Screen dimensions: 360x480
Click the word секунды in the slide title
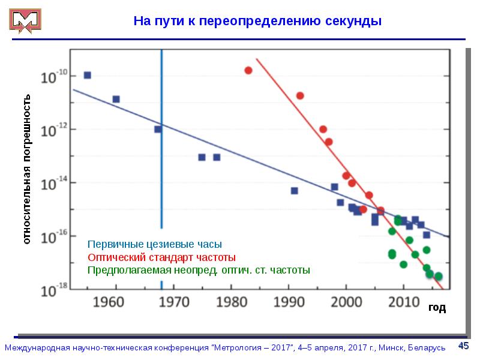click(354, 22)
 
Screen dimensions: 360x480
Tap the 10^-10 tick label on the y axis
click(53, 77)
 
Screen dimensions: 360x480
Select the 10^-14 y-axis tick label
click(53, 185)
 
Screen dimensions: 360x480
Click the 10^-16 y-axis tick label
click(53, 238)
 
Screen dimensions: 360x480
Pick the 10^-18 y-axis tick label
click(53, 291)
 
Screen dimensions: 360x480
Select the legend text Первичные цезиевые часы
click(155, 245)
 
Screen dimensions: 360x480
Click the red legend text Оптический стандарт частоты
click(162, 257)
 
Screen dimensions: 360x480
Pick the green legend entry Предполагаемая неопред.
click(199, 269)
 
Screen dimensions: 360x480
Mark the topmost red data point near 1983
click(248, 70)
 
